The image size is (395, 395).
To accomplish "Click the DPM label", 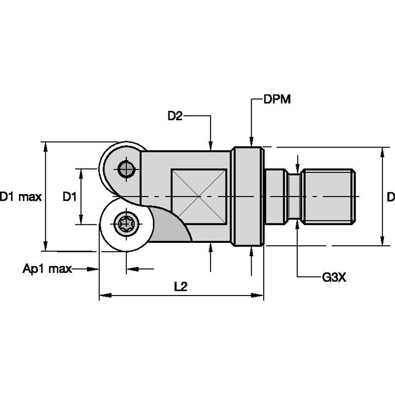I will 277,99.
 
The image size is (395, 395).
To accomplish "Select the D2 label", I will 175,116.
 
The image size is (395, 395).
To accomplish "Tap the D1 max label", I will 21,197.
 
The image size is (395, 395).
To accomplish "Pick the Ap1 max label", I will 47,268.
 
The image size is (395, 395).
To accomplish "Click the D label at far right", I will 390,197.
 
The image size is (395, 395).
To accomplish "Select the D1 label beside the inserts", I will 69,197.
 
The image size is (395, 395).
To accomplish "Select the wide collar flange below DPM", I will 247,197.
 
